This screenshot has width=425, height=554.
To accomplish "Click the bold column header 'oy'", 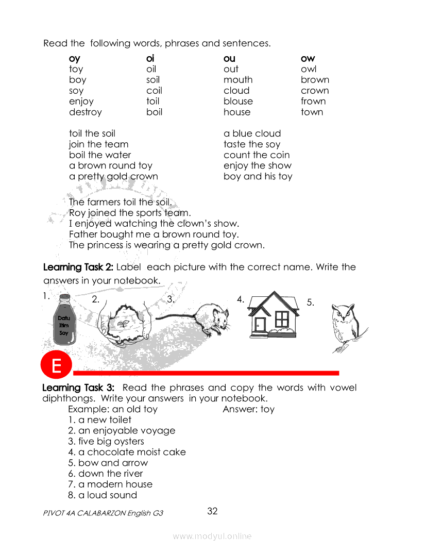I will click(75, 59).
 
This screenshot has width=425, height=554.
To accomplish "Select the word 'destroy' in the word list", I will click(86, 112).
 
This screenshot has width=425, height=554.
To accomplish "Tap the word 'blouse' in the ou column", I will click(238, 102).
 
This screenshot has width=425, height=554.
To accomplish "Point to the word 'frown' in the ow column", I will click(313, 102).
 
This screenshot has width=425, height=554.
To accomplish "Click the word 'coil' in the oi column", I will click(154, 91).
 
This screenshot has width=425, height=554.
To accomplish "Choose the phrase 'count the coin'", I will click(257, 155).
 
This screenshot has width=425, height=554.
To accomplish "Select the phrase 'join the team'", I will click(99, 144).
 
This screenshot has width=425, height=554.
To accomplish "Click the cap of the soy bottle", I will click(64, 297).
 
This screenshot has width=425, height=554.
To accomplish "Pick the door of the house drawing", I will click(260, 325).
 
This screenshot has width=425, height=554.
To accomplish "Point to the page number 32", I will click(212, 511).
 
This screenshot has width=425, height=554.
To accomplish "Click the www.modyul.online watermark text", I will click(212, 536).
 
